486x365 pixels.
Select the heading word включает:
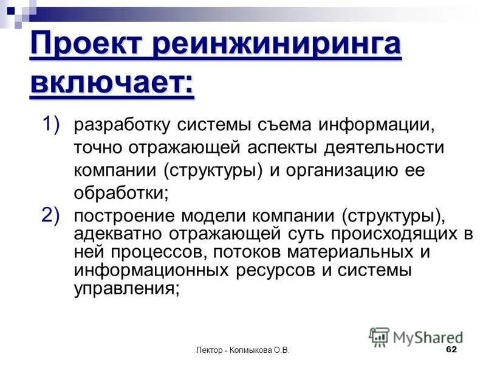(x=112, y=83)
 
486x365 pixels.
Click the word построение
(x=116, y=216)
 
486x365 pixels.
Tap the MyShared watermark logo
(x=416, y=336)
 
